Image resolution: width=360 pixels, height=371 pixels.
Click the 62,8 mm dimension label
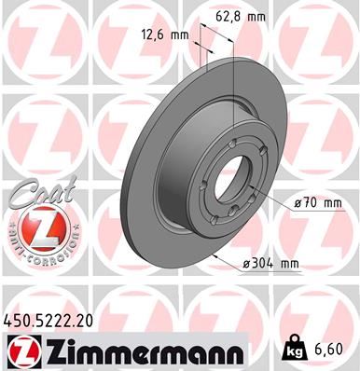(x=254, y=15)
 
